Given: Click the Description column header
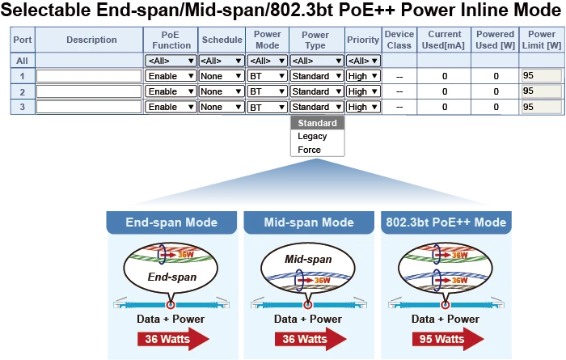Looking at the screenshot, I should click(x=91, y=40).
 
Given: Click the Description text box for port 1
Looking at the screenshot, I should click(x=89, y=76).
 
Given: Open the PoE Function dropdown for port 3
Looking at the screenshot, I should click(x=171, y=107).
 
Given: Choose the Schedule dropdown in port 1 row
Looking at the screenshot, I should click(x=222, y=76).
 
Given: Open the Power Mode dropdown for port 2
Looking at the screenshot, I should click(x=267, y=91).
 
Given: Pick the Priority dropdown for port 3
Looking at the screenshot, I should click(x=362, y=107).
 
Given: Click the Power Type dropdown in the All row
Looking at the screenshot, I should click(x=315, y=61).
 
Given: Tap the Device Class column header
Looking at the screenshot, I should click(x=399, y=40).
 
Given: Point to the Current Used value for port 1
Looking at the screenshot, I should click(x=444, y=76).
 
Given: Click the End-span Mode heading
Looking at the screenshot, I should click(x=171, y=222).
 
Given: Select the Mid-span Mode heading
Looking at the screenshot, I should click(x=309, y=222).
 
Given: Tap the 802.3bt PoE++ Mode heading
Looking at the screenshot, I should click(x=446, y=222).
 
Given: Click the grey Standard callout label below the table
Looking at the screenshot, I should click(x=317, y=124).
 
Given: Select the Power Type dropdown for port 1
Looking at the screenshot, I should click(x=315, y=76).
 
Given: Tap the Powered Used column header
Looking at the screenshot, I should click(x=495, y=40).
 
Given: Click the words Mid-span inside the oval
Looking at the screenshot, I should click(x=308, y=260).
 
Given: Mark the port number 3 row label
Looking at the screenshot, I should click(x=22, y=107).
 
